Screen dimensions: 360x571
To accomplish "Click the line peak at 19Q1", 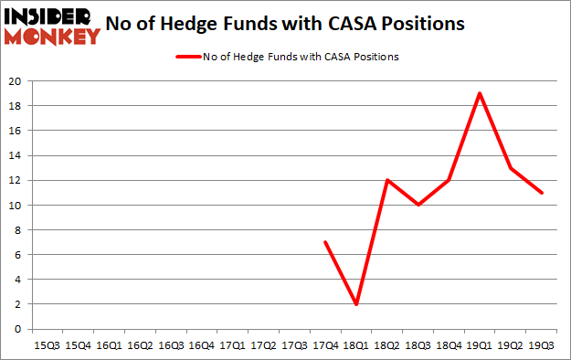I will tap(480, 93).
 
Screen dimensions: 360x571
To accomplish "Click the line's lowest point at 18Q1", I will tap(355, 304).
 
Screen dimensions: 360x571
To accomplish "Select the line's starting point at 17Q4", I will tap(324, 242).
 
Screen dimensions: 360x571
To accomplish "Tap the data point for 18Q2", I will tap(386, 180).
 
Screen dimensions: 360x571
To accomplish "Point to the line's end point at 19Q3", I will tap(542, 193).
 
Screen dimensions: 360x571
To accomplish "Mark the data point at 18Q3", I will tap(418, 205).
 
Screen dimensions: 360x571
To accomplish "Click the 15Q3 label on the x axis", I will tap(46, 344).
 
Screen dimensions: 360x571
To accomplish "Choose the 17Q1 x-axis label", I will tap(232, 344).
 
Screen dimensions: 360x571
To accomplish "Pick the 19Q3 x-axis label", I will tap(542, 344).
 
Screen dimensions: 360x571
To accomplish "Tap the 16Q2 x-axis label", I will tap(139, 344).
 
